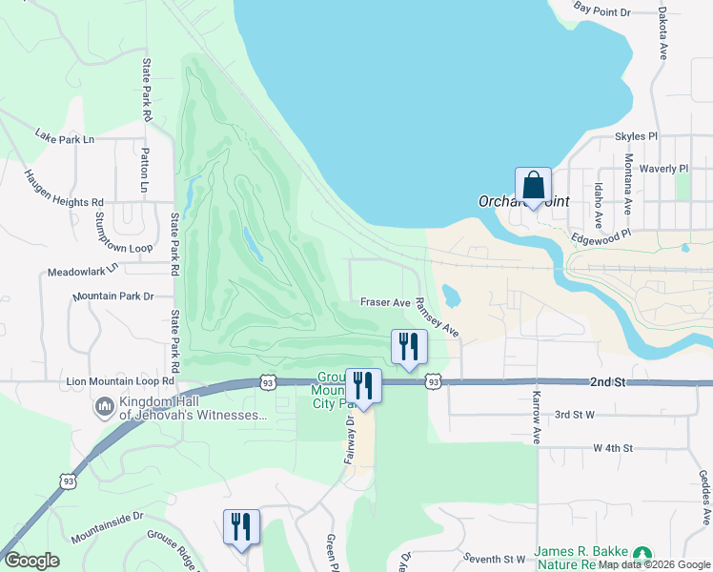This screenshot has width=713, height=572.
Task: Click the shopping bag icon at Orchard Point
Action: pyautogui.click(x=534, y=185)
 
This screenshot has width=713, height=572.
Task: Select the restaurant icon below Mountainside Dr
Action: pyautogui.click(x=241, y=527)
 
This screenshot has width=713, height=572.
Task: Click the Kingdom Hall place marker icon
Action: pyautogui.click(x=104, y=409)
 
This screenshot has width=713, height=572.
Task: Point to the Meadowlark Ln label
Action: pyautogui.click(x=81, y=270)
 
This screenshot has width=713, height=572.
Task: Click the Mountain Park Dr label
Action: pyautogui.click(x=112, y=296)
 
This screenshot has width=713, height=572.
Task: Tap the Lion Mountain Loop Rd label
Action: pyautogui.click(x=120, y=381)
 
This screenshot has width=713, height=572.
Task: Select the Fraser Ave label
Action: pyautogui.click(x=385, y=302)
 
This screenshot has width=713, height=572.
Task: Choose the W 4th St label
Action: pyautogui.click(x=613, y=447)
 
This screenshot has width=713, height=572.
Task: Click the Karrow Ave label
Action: pyautogui.click(x=537, y=417)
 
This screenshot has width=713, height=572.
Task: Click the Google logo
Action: pyautogui.click(x=32, y=561)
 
